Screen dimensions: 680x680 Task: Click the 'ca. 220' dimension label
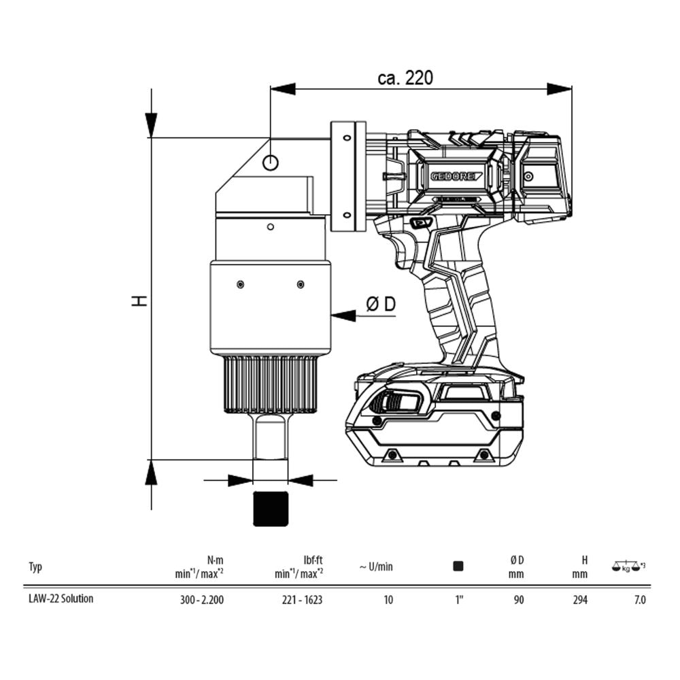(x=405, y=78)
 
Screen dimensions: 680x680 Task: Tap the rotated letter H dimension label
(x=139, y=301)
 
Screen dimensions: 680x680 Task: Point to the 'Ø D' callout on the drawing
(x=381, y=304)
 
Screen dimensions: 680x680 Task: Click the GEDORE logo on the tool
(x=456, y=176)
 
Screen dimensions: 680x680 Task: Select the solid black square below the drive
(x=271, y=509)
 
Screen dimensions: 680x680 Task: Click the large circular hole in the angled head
(x=271, y=163)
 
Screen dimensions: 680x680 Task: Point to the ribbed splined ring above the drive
(x=271, y=384)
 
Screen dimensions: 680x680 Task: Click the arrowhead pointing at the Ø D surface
(x=343, y=316)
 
